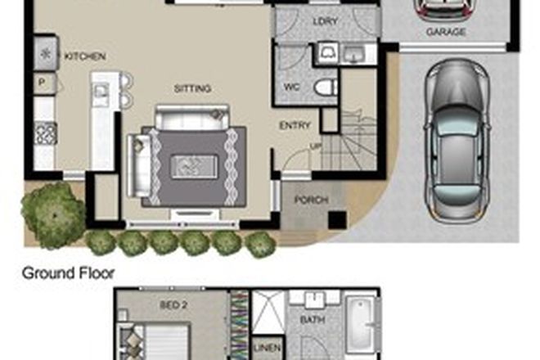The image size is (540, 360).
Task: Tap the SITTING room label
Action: coord(193,88)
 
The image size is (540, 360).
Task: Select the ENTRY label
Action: coord(295,125)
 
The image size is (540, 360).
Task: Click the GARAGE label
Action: coord(446,33)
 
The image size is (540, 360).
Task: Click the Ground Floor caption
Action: coord(68,273)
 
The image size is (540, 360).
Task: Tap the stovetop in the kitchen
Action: coord(44,133)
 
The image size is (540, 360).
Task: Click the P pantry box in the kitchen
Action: coord(43,83)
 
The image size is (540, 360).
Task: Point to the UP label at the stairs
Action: coord(316,147)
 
